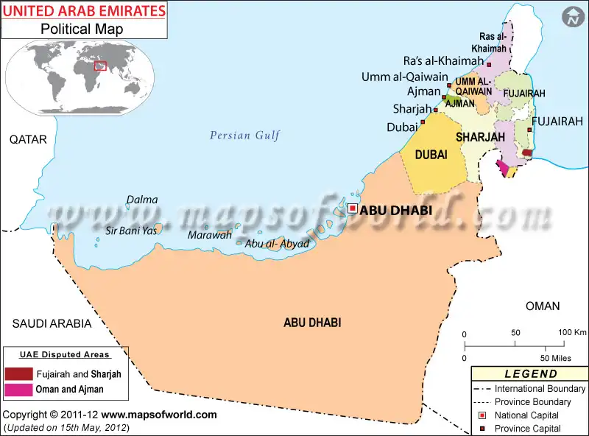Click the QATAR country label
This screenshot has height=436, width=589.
28,139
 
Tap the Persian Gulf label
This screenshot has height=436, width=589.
244,135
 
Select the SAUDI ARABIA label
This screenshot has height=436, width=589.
52,323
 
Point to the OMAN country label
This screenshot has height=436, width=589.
542,306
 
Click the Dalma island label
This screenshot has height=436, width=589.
141,200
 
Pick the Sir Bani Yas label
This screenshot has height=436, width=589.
132,231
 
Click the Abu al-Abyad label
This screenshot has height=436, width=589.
277,244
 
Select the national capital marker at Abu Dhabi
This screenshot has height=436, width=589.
353,208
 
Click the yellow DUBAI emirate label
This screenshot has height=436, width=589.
431,155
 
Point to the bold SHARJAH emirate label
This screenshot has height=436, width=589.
480,137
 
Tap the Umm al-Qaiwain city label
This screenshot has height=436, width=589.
404,77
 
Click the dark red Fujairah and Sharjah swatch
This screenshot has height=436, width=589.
18,373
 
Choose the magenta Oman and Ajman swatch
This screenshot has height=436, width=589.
18,389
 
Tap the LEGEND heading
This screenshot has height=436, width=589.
531,374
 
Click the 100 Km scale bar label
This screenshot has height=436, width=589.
571,332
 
